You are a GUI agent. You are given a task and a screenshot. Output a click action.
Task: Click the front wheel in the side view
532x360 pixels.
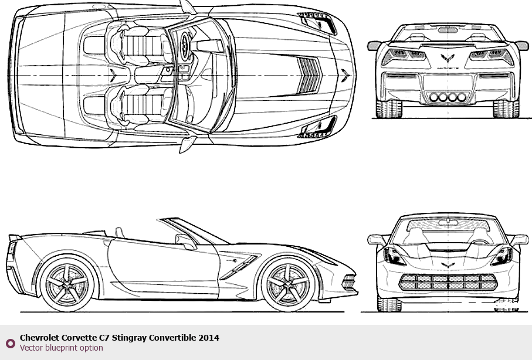point(287,286)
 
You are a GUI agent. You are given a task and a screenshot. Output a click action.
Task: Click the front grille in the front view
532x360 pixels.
point(448,282)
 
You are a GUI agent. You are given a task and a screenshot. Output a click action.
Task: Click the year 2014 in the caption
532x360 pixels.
point(209,338)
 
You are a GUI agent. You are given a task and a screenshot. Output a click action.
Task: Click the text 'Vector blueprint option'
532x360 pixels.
point(61,348)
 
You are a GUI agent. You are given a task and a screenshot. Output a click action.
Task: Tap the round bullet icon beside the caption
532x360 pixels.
point(10,343)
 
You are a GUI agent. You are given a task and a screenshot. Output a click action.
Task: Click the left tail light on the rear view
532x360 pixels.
point(395,56)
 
